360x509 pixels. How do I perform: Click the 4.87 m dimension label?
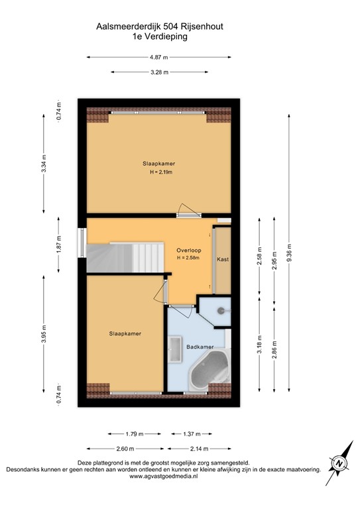pos(159,58)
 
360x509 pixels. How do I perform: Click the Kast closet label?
pos(223,259)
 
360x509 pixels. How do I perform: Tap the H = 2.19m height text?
pos(160,172)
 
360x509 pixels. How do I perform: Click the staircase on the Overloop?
pos(126,256)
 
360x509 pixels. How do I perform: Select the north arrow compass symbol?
pos(339,463)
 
